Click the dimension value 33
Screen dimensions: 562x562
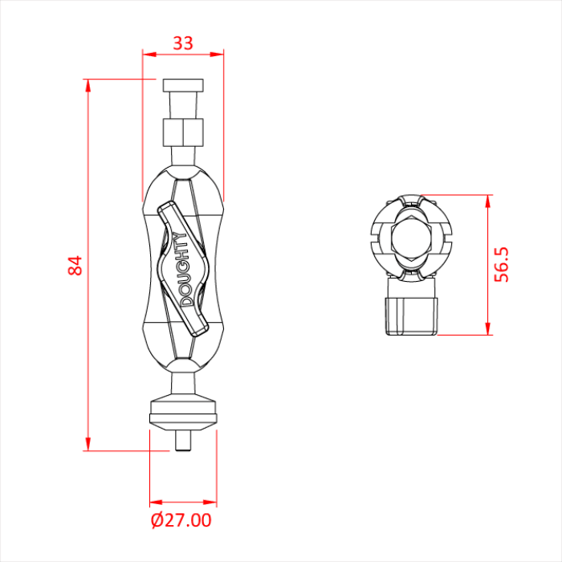click(183, 43)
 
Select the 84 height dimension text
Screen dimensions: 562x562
click(75, 265)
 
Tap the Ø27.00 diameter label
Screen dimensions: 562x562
click(181, 520)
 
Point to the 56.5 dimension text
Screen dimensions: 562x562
click(501, 264)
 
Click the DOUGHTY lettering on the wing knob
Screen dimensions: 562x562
click(184, 270)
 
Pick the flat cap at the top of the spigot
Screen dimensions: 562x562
click(183, 85)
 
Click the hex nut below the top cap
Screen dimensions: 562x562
click(183, 132)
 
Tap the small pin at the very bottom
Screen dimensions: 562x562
click(183, 441)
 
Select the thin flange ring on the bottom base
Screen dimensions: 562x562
click(183, 418)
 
